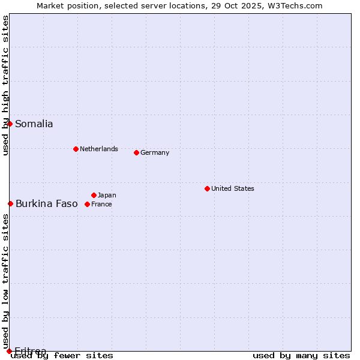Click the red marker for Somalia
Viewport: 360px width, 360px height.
(10, 124)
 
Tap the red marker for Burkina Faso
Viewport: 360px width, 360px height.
(10, 203)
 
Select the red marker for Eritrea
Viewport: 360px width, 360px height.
(9, 351)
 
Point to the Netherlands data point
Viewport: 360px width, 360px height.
(76, 149)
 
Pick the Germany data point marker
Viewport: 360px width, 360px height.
(136, 152)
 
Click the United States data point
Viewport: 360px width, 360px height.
(207, 188)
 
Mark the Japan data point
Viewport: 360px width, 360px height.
(94, 195)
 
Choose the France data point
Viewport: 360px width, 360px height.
(87, 204)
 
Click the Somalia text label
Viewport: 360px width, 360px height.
(34, 124)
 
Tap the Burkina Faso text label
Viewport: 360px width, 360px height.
(46, 204)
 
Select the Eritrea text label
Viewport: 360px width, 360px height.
(30, 351)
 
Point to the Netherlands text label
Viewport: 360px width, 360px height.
(98, 149)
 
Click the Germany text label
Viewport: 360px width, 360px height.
(155, 152)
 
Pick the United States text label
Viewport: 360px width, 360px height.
(232, 188)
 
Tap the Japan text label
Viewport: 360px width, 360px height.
(107, 195)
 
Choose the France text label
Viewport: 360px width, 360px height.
(101, 204)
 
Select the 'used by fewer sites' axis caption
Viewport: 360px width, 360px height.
(62, 355)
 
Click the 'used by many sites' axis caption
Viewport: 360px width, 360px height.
(301, 355)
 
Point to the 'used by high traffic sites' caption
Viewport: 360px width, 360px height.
(5, 85)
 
